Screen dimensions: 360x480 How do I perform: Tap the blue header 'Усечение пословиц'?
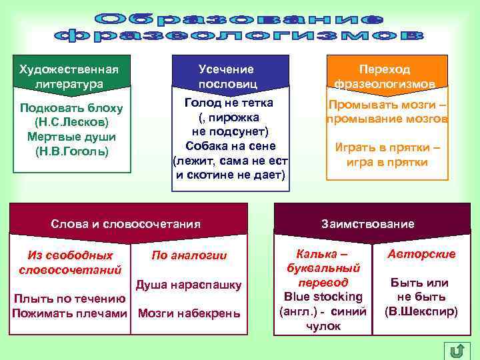pyautogui.click(x=227, y=76)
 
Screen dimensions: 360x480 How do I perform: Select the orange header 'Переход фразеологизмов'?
pyautogui.click(x=385, y=76)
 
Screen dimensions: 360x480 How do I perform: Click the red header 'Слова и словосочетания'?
pyautogui.click(x=126, y=224)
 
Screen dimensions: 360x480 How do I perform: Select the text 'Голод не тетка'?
pyautogui.click(x=229, y=103)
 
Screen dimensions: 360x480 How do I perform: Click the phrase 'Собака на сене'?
pyautogui.click(x=229, y=146)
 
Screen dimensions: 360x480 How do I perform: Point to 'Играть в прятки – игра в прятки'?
pyautogui.click(x=386, y=155)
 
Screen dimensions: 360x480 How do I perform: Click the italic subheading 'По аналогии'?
pyautogui.click(x=189, y=255)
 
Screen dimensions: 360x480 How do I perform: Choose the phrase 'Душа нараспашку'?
pyautogui.click(x=189, y=285)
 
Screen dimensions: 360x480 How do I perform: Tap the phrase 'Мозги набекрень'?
pyautogui.click(x=189, y=313)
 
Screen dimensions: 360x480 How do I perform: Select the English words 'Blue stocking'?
pyautogui.click(x=323, y=297)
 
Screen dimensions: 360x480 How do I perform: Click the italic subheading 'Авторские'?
pyautogui.click(x=421, y=254)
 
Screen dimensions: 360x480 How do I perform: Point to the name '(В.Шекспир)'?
pyautogui.click(x=421, y=311)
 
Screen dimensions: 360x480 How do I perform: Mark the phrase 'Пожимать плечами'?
pyautogui.click(x=69, y=313)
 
